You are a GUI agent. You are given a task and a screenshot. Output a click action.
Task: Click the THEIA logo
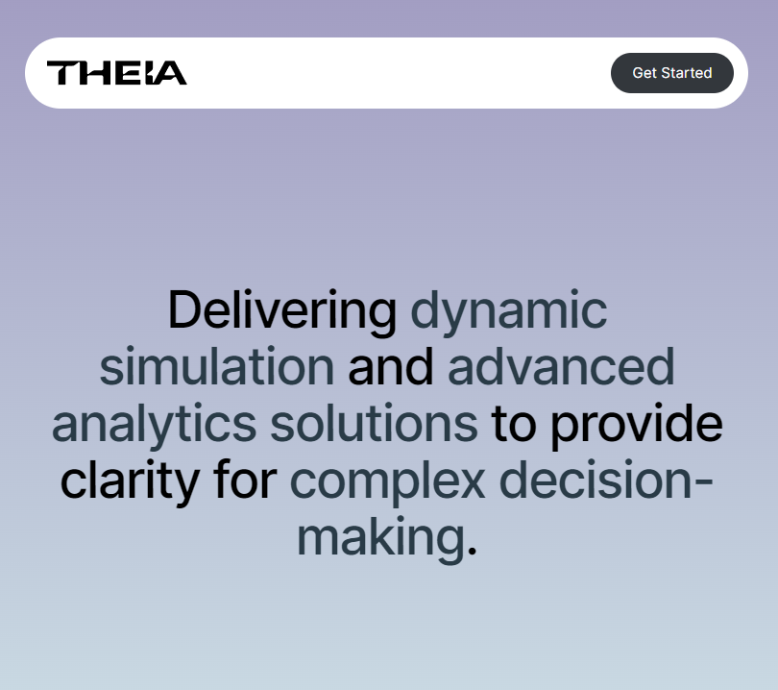(x=116, y=73)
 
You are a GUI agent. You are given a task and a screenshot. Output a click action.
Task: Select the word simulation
(x=217, y=367)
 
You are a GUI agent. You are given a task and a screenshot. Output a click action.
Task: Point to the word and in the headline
(x=390, y=367)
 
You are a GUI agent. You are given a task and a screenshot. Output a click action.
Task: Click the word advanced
(x=561, y=367)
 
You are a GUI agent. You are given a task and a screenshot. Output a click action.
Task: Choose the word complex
(x=387, y=481)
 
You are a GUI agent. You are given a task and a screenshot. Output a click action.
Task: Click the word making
(x=380, y=536)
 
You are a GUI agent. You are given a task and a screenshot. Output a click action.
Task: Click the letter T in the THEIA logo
(x=62, y=73)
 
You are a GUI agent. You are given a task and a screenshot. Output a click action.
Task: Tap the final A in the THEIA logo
(x=171, y=73)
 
